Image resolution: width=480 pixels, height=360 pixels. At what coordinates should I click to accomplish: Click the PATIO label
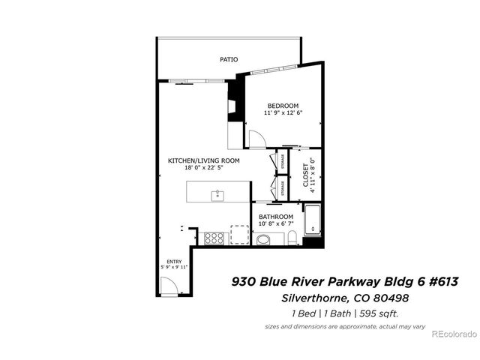229,58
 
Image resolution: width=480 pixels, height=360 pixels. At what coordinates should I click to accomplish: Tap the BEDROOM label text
283,105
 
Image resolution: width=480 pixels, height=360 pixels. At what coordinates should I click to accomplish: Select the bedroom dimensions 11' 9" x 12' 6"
283,113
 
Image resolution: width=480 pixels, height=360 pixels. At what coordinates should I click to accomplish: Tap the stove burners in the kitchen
213,238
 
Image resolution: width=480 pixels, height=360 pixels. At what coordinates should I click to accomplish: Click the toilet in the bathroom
294,238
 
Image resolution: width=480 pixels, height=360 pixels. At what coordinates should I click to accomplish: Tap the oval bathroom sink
263,240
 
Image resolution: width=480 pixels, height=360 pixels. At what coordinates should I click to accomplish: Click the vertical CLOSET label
304,175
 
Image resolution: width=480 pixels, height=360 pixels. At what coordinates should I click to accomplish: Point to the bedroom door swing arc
256,138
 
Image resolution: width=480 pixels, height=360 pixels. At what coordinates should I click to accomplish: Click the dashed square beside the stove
239,235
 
